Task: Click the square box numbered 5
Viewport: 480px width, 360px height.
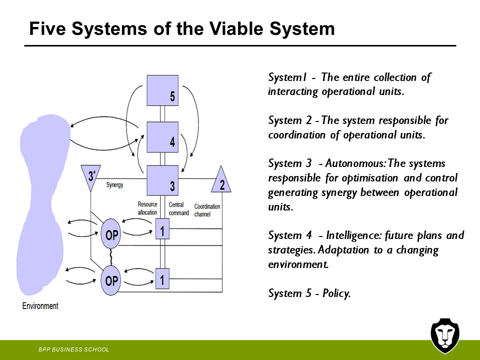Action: [x=162, y=90]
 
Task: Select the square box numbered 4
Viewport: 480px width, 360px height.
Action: [x=162, y=136]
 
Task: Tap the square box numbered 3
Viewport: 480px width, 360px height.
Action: [x=162, y=180]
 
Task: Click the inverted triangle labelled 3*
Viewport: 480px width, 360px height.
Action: [x=91, y=177]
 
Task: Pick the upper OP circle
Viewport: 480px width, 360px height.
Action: [x=111, y=234]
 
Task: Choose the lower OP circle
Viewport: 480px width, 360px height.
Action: [x=111, y=280]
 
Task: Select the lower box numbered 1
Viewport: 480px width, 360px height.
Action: [x=162, y=278]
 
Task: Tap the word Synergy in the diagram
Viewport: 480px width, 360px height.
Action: [x=114, y=185]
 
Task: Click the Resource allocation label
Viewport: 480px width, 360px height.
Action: [x=147, y=208]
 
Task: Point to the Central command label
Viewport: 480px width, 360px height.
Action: [x=178, y=208]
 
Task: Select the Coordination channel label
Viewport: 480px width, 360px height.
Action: [x=207, y=210]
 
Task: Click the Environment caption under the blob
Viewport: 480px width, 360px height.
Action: [x=40, y=306]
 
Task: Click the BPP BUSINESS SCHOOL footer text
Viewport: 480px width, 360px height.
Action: [x=74, y=349]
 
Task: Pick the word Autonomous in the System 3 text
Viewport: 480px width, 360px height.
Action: [x=354, y=163]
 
